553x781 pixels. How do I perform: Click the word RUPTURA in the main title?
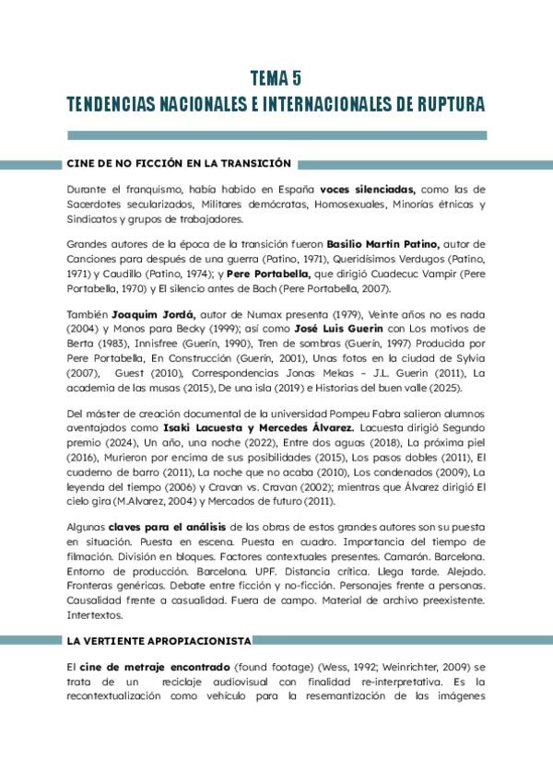click(x=444, y=104)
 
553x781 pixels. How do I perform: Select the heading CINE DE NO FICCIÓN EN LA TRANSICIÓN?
click(x=179, y=163)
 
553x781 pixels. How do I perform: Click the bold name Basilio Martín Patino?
click(x=384, y=244)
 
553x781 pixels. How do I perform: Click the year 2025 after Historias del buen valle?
click(x=466, y=386)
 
